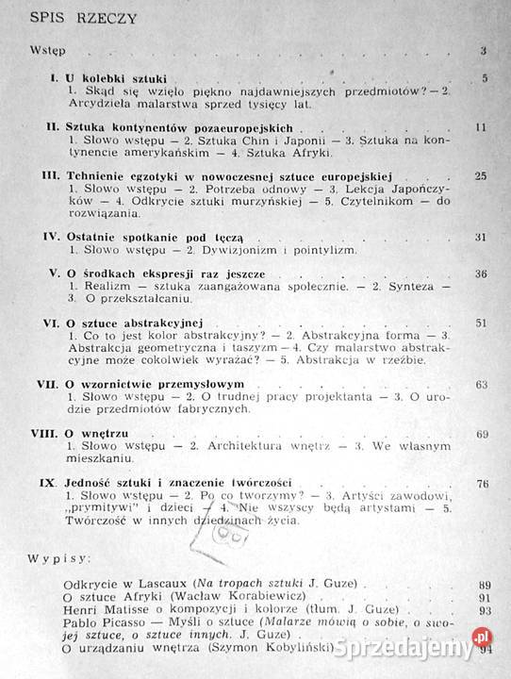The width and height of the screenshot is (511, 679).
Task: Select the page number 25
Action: tap(480, 175)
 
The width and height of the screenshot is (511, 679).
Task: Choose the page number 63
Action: tap(481, 385)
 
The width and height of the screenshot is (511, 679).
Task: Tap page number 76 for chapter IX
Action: tap(481, 483)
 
